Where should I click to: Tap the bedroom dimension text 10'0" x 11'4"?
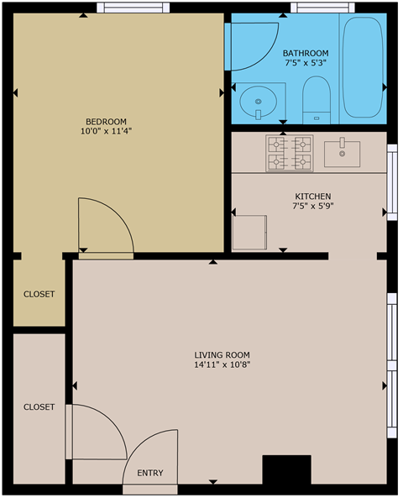(x=106, y=132)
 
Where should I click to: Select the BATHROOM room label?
(x=305, y=52)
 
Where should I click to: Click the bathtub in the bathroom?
(x=361, y=67)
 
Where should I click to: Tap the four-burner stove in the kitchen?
(x=290, y=152)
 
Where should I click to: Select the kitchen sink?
(x=343, y=153)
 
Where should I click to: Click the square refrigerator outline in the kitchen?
(x=249, y=232)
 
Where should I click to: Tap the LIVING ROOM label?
(x=222, y=354)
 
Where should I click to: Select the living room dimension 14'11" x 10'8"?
(x=222, y=365)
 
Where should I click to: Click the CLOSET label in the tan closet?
(x=39, y=294)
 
